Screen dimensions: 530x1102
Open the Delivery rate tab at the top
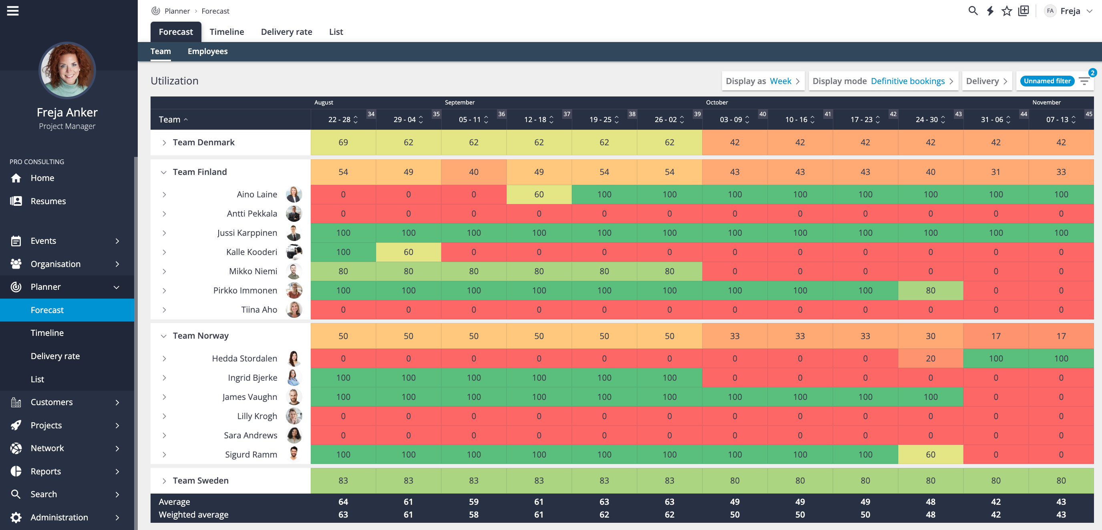coord(286,32)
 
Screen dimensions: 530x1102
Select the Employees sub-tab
coord(207,51)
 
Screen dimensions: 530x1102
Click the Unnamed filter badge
coord(1047,81)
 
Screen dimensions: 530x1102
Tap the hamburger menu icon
coord(13,11)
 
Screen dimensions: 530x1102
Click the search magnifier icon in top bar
coord(972,11)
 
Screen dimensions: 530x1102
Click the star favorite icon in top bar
coord(1007,11)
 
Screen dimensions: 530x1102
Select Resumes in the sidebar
coord(48,201)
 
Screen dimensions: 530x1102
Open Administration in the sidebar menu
coord(59,517)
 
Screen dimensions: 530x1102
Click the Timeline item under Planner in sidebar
coord(47,333)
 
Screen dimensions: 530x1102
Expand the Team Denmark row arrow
coord(164,143)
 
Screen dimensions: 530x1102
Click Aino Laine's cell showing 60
coord(539,195)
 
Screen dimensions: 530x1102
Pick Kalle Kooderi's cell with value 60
coord(408,252)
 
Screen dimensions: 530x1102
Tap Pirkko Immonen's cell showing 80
coord(930,291)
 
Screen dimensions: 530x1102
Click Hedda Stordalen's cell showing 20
coord(930,358)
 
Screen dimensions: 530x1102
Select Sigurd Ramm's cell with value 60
coord(930,454)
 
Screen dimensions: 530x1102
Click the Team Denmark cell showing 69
coord(343,143)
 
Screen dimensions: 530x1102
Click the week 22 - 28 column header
coord(339,120)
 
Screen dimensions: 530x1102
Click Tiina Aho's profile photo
coord(294,310)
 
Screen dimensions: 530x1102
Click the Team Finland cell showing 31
coord(995,172)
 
